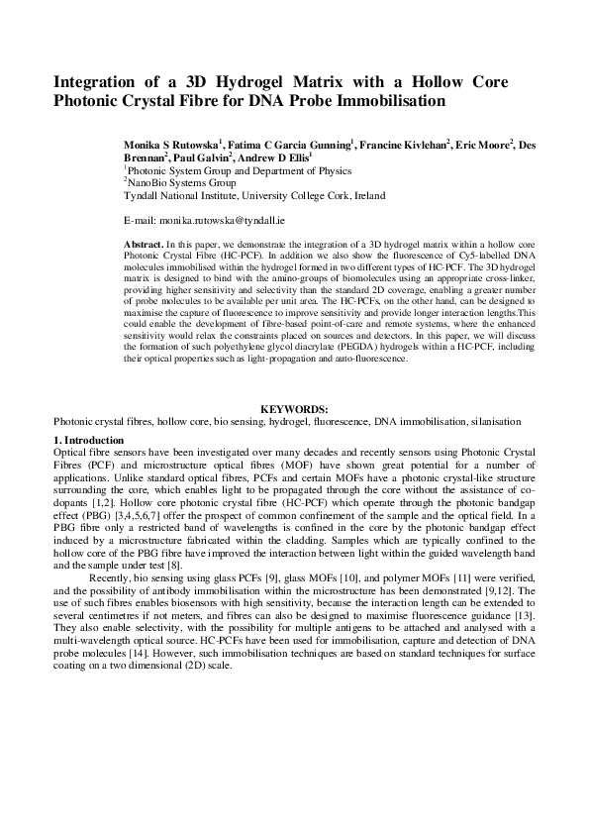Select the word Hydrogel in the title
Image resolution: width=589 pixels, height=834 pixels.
pos(267,82)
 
